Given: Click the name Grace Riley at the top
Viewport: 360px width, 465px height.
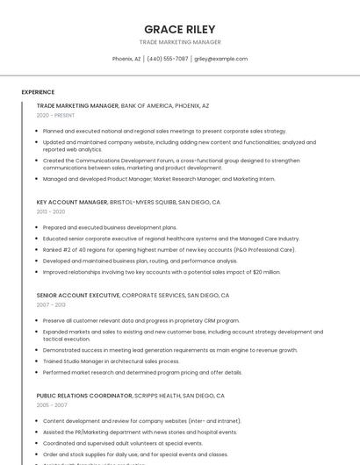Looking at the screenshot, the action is point(179,29).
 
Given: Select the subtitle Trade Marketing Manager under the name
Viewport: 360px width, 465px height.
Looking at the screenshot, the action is point(179,42).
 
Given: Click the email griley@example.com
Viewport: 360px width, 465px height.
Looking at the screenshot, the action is point(221,59).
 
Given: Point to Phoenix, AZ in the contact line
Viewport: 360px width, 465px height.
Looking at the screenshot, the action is point(126,59).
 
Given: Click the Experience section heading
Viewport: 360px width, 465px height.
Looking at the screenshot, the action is point(38,91).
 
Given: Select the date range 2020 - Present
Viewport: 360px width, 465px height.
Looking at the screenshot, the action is point(55,115).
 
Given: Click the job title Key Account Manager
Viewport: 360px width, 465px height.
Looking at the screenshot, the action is point(72,202).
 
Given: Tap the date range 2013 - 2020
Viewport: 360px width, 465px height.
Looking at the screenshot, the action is point(51,211).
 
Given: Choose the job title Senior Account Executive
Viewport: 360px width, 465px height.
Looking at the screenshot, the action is point(78,296).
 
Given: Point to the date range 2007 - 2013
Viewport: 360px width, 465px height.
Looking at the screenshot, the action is point(51,305).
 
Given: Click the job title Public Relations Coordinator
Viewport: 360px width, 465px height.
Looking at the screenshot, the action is point(83,396).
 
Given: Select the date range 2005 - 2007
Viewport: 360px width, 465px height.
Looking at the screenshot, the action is point(51,405).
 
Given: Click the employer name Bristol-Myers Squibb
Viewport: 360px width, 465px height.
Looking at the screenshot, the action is point(143,202).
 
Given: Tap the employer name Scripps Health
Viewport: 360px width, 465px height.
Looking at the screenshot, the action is point(166,396).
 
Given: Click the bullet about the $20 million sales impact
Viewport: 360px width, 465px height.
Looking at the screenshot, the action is point(162,272).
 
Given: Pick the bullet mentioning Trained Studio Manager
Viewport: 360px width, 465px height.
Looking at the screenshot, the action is point(111,361).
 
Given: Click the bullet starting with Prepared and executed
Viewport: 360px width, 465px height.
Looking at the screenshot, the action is point(109,227).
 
